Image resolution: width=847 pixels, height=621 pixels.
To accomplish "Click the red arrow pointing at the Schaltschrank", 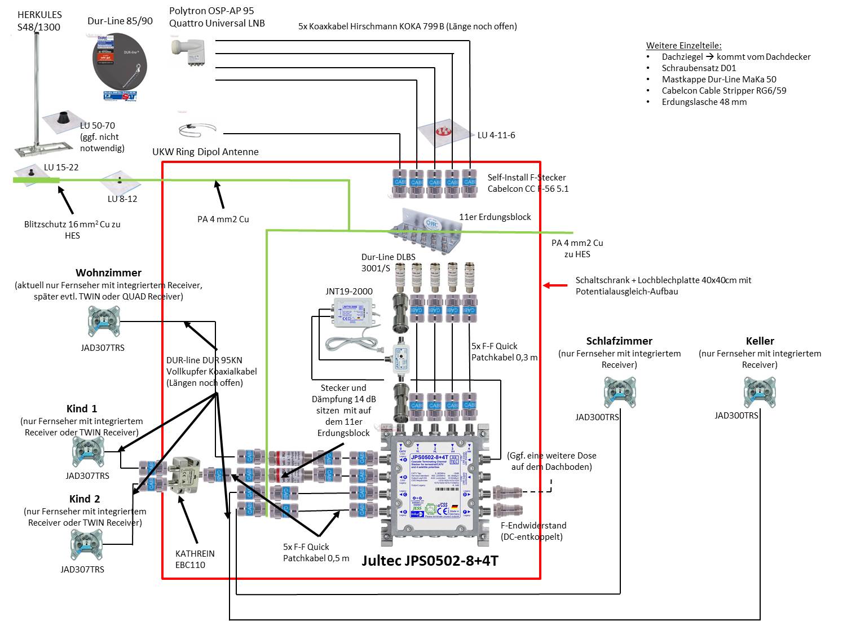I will pos(555,285).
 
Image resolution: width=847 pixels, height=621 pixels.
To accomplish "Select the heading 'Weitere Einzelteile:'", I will pos(683,46).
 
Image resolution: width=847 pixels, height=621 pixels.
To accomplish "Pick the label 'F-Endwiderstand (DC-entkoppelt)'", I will pos(533,531).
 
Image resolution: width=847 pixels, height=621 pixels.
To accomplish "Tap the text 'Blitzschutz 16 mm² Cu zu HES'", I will pos(72,230).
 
